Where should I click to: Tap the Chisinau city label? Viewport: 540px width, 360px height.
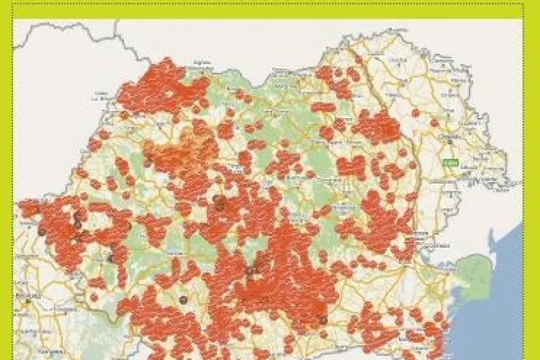click(x=451, y=144)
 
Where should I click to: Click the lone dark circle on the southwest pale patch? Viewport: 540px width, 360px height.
click(x=183, y=299)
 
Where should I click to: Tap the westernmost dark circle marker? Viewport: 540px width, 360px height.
click(x=42, y=231)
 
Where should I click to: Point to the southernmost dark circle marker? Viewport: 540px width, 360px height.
click(x=323, y=320)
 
